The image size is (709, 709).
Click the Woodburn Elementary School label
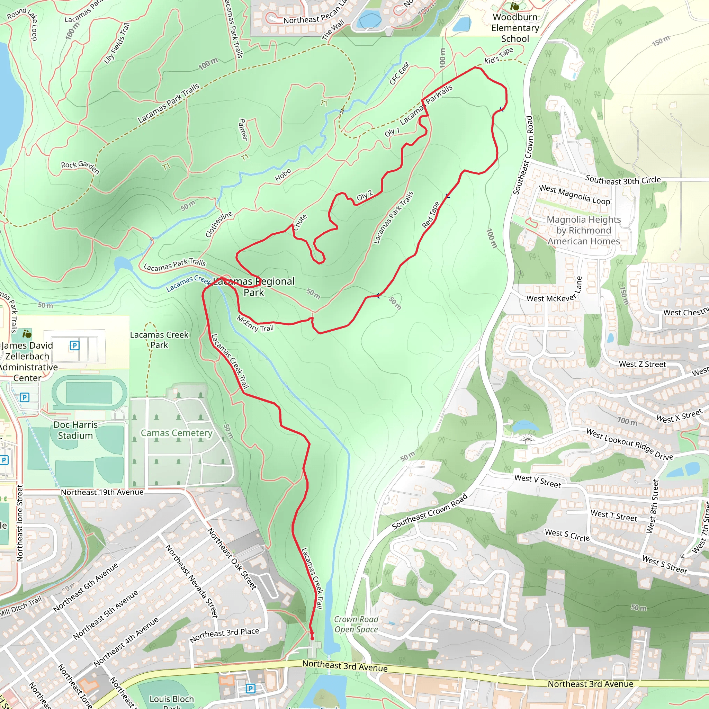515,28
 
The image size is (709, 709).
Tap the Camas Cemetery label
177,433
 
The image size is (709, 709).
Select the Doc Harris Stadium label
75,430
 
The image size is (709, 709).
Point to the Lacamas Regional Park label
254,287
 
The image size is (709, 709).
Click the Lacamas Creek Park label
159,340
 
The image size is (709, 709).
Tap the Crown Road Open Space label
356,624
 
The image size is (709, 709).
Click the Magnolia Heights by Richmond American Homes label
583,230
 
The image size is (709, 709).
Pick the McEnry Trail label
255,323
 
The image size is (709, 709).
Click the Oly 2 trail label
365,195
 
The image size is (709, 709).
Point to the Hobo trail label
283,175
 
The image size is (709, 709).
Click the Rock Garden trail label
80,167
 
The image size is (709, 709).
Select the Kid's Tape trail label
499,56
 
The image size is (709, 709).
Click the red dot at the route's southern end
312,638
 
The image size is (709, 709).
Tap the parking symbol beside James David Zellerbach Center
74,345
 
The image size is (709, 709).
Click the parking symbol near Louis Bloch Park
251,689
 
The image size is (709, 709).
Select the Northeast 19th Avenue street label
102,492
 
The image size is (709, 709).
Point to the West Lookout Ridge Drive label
629,444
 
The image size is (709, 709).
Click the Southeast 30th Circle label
623,180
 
